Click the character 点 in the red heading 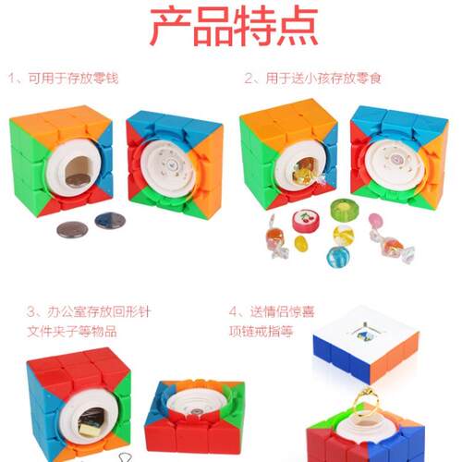298,27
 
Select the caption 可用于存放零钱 73,79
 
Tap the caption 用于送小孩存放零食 323,79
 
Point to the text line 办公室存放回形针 99,311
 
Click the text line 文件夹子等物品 72,332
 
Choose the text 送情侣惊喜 283,311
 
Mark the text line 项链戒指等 261,332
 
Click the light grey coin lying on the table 72,229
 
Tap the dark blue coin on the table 110,221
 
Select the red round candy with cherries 306,221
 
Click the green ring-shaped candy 345,210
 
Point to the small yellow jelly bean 300,243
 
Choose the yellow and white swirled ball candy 344,235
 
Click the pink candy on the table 376,221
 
